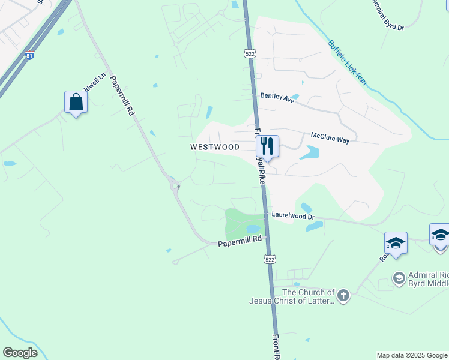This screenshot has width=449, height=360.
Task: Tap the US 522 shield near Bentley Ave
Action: [249, 53]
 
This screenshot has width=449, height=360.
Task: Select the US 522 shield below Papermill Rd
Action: [270, 259]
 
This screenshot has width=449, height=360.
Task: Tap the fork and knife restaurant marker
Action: [267, 146]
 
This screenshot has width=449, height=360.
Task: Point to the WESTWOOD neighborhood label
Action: [215, 147]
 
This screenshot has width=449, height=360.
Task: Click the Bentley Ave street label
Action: [277, 98]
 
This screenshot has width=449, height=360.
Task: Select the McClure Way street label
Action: [330, 139]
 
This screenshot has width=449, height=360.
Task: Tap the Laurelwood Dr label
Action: [293, 215]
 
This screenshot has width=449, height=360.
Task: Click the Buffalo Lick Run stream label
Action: [347, 61]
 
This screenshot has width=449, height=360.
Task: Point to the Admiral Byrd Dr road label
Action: [388, 16]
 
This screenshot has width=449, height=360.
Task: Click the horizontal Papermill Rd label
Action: [240, 241]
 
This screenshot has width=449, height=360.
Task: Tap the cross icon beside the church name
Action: [343, 295]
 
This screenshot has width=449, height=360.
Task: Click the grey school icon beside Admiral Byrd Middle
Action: [399, 278]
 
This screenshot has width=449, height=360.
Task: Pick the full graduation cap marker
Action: [396, 243]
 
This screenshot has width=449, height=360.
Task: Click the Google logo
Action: [20, 353]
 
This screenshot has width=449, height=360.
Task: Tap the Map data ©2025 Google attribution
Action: [412, 355]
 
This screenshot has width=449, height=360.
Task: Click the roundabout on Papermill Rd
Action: [175, 185]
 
